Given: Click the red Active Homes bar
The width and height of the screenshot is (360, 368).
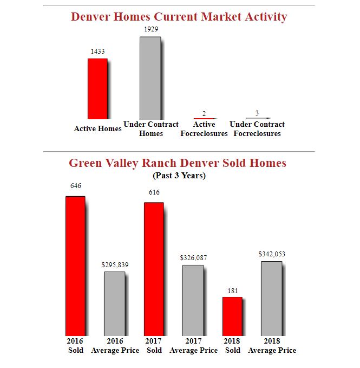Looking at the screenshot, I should tap(97, 89).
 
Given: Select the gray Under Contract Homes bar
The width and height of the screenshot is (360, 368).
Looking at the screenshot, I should tap(150, 78).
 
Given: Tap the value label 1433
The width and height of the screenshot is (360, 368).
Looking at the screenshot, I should tap(97, 51).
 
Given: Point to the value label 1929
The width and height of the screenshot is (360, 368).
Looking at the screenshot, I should tap(151, 29).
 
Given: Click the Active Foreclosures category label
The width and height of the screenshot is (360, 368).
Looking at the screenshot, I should tap(204, 129).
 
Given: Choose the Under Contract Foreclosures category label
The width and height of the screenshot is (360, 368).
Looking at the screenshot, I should tap(257, 129).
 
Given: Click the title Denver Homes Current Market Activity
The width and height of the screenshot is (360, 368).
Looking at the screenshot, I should tap(179, 17).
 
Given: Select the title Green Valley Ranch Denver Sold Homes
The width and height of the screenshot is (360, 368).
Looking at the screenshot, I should tap(178, 163).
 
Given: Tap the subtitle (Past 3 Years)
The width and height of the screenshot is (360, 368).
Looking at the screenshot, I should tap(179, 176).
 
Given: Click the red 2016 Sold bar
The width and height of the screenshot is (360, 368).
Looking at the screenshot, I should tap(75, 266).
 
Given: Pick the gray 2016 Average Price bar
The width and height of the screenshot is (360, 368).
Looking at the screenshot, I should tap(114, 304).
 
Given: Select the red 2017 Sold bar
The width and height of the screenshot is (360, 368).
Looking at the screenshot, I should tap(154, 269).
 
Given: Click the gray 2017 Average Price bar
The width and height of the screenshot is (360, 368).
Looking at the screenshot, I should tap(193, 300).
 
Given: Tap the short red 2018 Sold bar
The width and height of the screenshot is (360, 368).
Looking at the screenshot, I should tap(232, 316).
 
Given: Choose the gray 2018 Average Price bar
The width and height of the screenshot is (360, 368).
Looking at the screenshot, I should tap(271, 298).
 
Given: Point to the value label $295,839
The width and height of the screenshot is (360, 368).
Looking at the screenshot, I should tap(115, 264).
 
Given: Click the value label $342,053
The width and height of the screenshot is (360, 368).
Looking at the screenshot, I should tap(272, 254).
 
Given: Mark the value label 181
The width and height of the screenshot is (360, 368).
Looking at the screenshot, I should tap(232, 290).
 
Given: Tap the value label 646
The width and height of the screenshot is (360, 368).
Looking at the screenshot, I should tap(76, 185).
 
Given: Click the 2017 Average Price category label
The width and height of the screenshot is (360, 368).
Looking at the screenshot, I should tap(193, 346).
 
